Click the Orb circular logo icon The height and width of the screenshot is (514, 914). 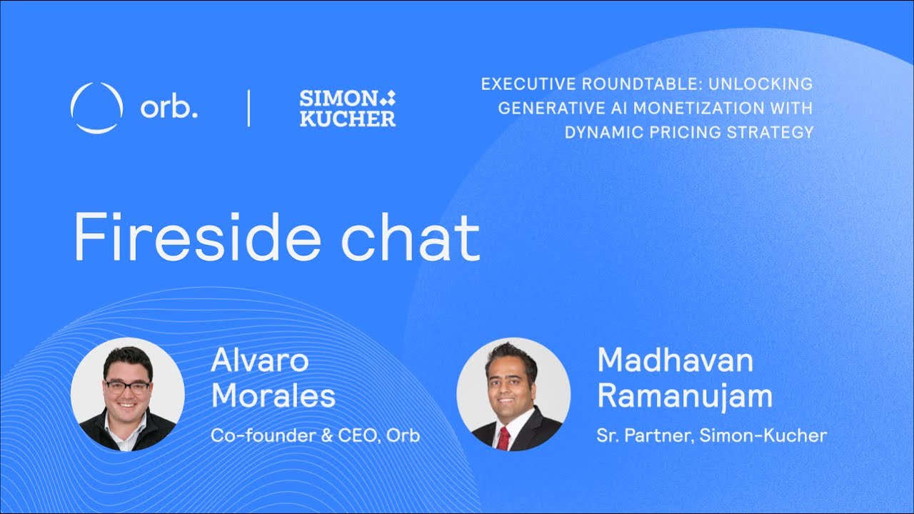pyautogui.click(x=96, y=108)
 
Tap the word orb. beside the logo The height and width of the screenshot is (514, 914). pyautogui.click(x=169, y=107)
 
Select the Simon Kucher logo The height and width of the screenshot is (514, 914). pyautogui.click(x=348, y=108)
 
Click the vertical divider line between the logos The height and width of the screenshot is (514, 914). pyautogui.click(x=248, y=108)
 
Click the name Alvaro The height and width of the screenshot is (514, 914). pyautogui.click(x=260, y=361)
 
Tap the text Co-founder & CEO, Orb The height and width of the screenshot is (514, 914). pyautogui.click(x=315, y=435)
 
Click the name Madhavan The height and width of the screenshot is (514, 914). pyautogui.click(x=675, y=361)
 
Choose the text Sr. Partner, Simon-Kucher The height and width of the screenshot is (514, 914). pyautogui.click(x=711, y=435)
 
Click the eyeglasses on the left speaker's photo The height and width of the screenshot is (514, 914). pyautogui.click(x=127, y=386)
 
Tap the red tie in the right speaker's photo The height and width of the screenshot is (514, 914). pyautogui.click(x=503, y=438)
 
